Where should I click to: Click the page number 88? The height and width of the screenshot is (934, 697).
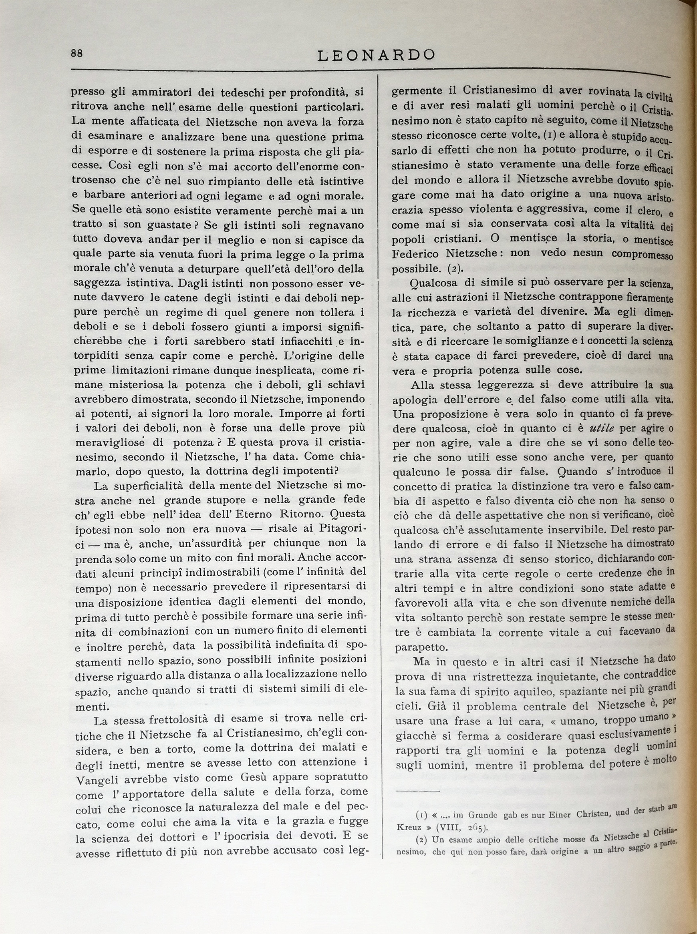[77, 53]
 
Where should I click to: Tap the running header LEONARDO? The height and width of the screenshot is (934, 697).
[376, 55]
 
